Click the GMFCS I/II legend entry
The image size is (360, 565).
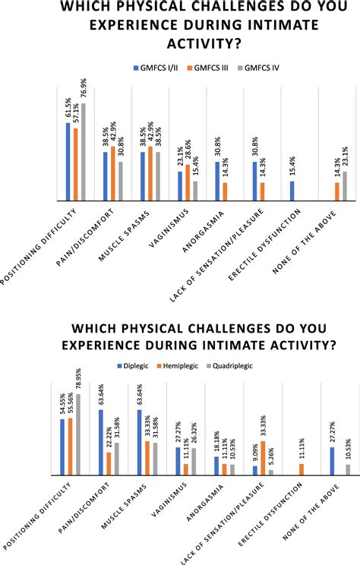(160, 67)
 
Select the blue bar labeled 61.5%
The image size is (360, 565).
(68, 162)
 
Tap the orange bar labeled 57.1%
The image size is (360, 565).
(77, 165)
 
